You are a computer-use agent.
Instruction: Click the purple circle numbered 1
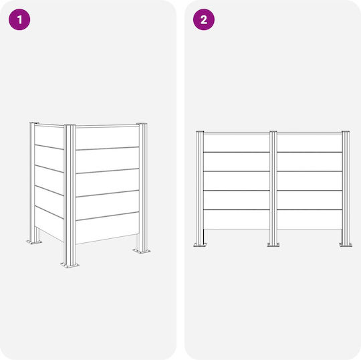click(x=19, y=19)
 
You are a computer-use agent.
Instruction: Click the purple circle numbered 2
click(x=204, y=19)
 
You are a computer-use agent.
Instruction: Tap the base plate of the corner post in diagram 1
click(x=70, y=265)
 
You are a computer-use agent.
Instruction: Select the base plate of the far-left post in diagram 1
click(x=34, y=242)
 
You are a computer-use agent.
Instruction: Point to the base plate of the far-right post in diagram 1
click(x=142, y=251)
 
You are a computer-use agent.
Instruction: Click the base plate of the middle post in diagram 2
click(x=273, y=244)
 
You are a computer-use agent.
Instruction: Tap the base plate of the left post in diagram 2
click(x=200, y=244)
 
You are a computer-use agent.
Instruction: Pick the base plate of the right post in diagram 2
click(x=346, y=244)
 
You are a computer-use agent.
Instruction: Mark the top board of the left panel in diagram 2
click(x=237, y=143)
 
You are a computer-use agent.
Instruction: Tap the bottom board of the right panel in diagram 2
click(x=310, y=219)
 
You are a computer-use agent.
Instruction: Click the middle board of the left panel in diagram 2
click(x=237, y=181)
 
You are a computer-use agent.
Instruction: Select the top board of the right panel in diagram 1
click(x=108, y=138)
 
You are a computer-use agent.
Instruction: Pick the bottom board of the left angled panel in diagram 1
click(x=49, y=223)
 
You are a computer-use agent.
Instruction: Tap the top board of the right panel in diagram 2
click(x=310, y=143)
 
